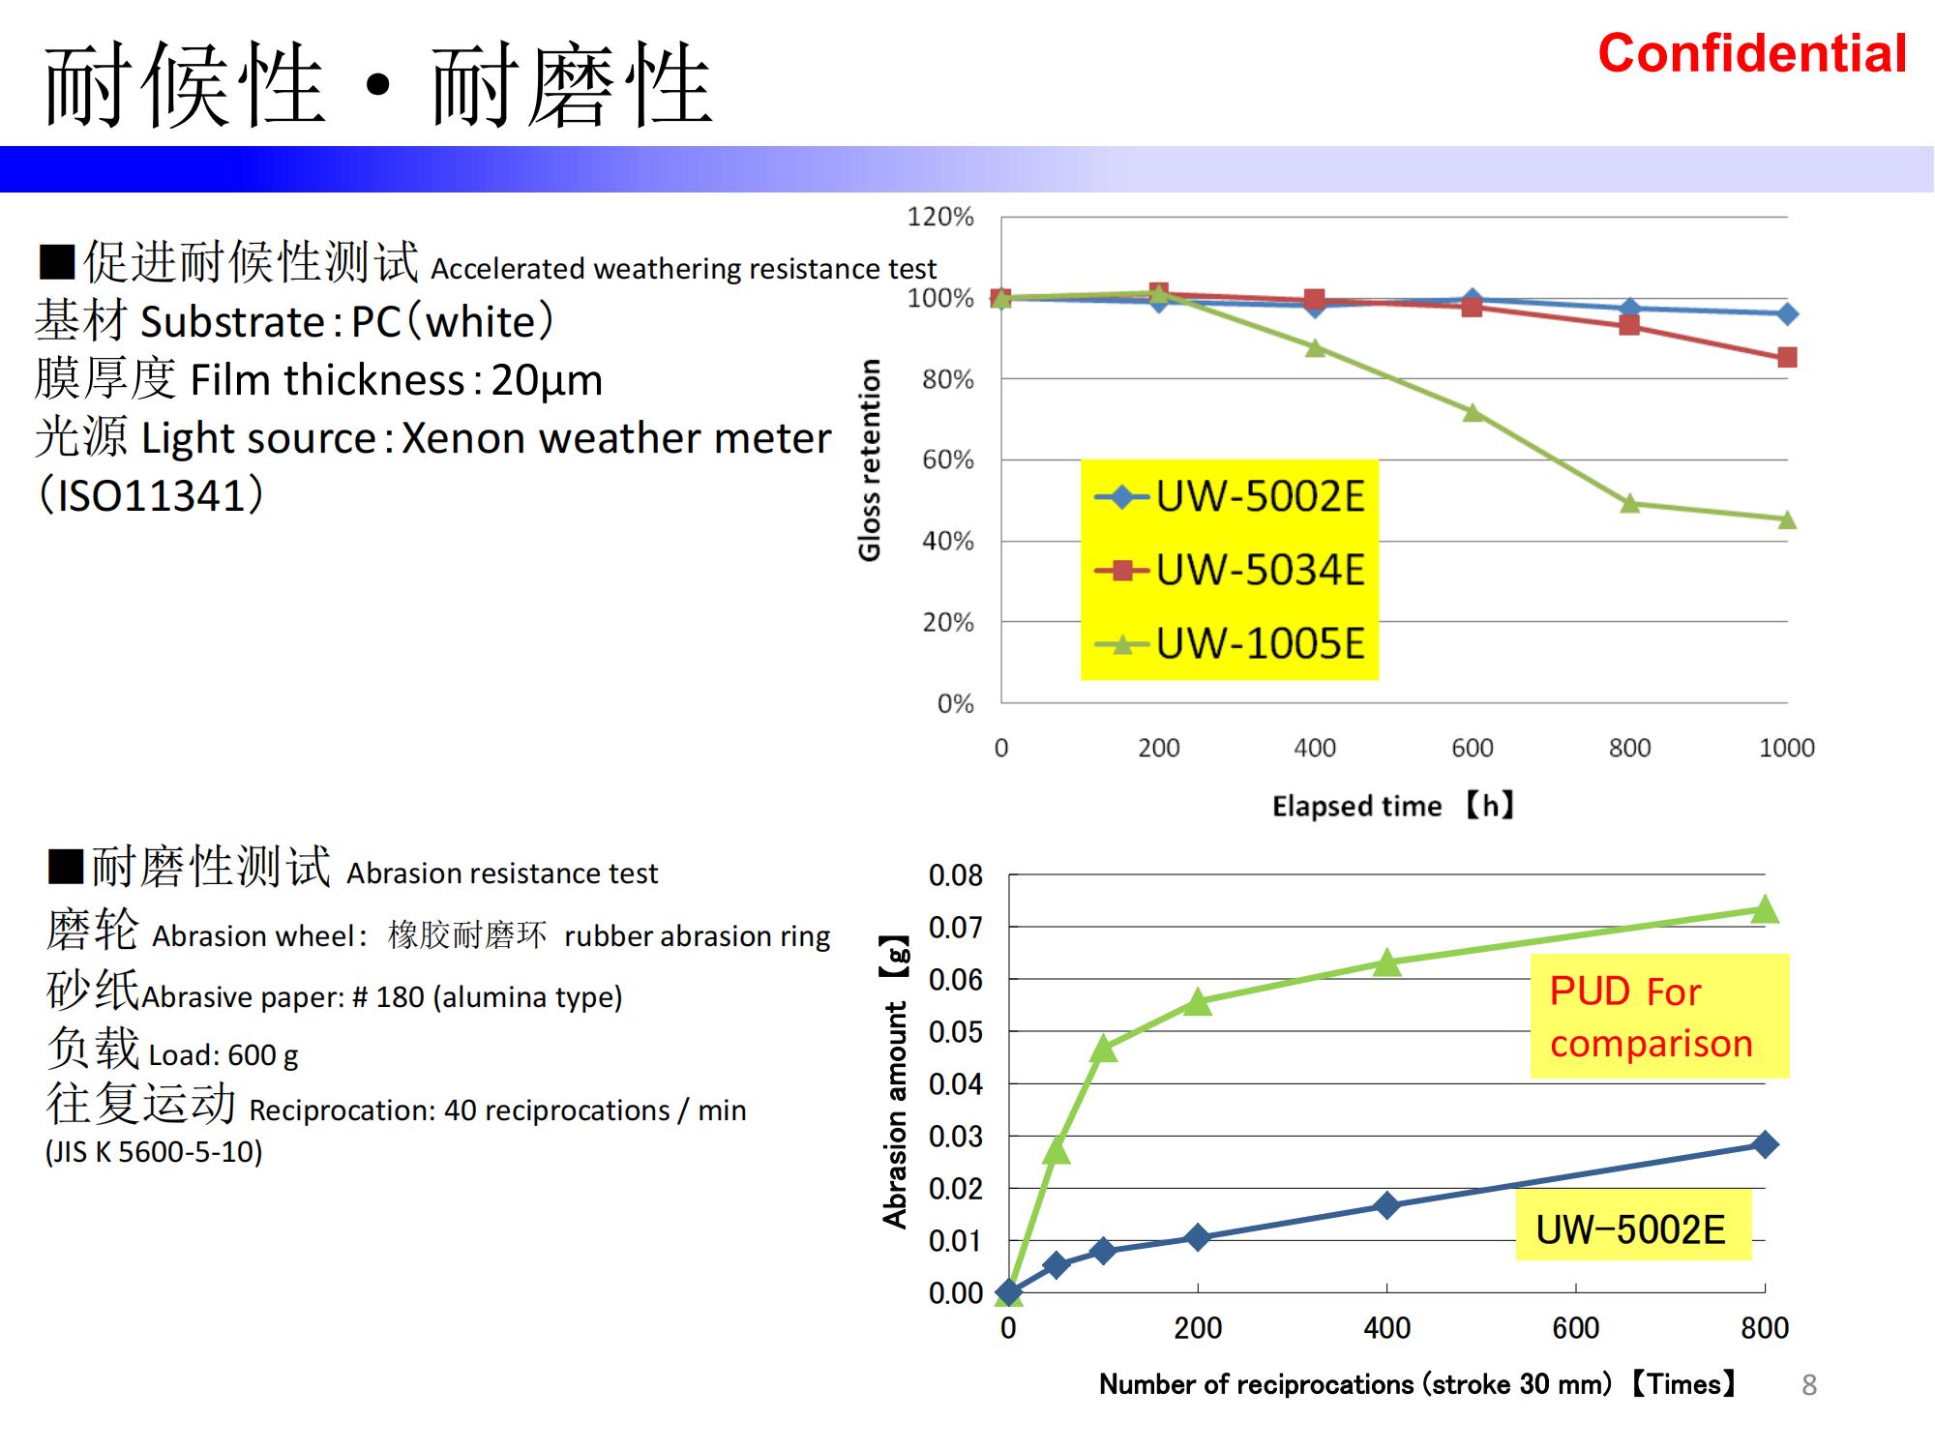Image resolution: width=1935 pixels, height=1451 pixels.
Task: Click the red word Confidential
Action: [1751, 54]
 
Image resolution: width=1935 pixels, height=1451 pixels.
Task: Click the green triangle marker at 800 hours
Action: [1630, 503]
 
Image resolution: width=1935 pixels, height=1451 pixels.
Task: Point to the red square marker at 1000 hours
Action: [1787, 358]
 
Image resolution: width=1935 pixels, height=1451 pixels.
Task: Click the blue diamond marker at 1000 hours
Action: [1787, 313]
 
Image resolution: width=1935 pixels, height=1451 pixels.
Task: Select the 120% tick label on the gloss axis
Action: [939, 217]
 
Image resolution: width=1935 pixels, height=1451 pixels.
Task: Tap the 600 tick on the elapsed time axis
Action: [1472, 748]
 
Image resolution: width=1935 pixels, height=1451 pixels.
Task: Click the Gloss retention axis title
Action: [870, 459]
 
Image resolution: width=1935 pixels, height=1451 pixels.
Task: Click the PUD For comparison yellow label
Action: [1658, 1017]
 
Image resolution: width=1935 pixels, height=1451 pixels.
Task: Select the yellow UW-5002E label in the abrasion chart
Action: [1632, 1229]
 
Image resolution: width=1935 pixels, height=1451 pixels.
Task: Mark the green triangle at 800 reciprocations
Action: [1765, 909]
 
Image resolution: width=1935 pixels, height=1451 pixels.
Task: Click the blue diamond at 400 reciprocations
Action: [1386, 1205]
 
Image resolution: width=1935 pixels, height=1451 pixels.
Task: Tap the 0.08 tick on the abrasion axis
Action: [955, 875]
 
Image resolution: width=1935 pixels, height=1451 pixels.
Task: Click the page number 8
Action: [1809, 1385]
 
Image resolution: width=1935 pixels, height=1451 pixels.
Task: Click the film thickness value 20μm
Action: [547, 380]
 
